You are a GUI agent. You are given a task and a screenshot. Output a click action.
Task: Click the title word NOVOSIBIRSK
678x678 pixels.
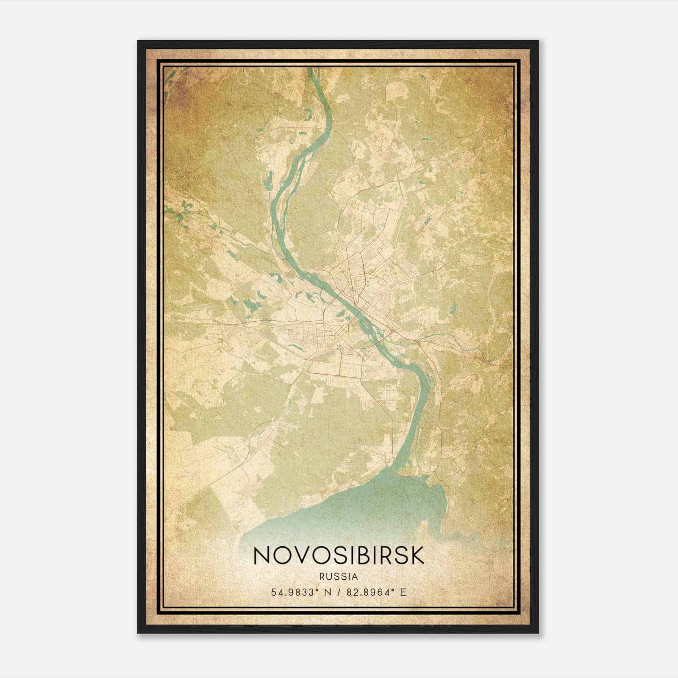338,556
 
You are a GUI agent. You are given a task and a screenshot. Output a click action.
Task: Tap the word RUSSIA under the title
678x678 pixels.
339,577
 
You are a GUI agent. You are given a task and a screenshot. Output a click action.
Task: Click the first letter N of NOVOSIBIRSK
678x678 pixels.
261,556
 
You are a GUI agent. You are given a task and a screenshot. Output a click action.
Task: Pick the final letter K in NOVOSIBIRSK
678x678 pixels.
417,556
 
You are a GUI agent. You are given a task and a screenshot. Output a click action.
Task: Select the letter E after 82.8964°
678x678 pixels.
403,592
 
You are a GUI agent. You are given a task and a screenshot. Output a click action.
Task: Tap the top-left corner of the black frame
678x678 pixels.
138,41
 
